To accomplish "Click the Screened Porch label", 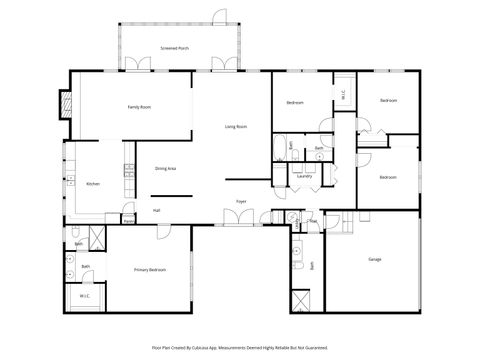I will coord(175,47).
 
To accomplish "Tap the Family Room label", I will coord(138,106).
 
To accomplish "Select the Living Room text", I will coord(236,127).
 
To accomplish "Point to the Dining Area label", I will coord(166,169).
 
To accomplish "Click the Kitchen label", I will coord(93,184).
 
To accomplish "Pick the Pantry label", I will coord(128,221).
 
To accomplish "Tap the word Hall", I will coord(157,211).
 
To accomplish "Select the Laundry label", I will coord(304,175).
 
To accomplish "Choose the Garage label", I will coord(375,260).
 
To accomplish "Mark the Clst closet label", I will coord(313,221).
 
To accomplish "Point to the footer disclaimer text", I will coord(240,347).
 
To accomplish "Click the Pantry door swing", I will coord(127,211).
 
